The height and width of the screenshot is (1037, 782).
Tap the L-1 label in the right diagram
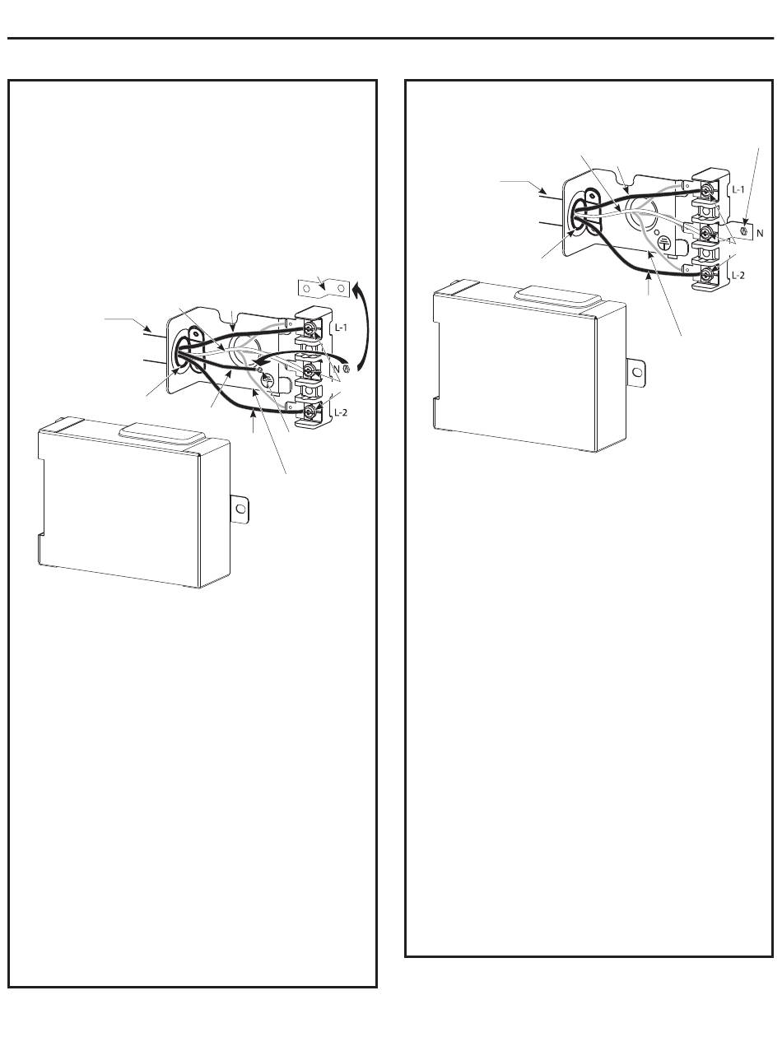pos(738,188)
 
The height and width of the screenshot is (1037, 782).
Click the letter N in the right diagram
pos(759,233)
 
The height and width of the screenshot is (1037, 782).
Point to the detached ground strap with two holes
pos(322,289)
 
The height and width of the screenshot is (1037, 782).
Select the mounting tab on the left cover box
pos(240,509)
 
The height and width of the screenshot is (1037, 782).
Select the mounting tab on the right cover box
pos(635,371)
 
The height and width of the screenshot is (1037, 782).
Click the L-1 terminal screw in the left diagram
pos(309,329)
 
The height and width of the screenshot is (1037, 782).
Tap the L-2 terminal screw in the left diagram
pos(309,410)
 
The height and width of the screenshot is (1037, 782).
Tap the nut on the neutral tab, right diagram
pos(744,232)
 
